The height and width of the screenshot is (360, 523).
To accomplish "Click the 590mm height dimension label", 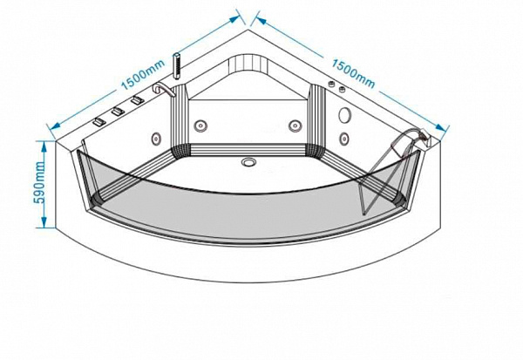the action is coord(40,182).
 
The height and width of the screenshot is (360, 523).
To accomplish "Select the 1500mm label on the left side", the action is coord(143,75).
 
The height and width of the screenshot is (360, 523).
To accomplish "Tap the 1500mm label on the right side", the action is coord(353,73).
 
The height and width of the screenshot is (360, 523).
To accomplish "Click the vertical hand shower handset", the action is coord(177,66).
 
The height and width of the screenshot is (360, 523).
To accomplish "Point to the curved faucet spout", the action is coord(163,90).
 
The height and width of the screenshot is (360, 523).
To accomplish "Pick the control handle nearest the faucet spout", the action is coord(137,100).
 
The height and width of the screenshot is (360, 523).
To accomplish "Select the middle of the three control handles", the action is coord(118,112).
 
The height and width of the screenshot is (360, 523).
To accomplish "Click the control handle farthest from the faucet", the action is coord(99,122).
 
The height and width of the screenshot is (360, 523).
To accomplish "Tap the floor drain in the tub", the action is coord(248,162).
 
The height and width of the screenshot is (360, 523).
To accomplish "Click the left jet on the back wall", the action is coord(200,126).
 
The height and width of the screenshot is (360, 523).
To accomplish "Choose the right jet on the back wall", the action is coord(295,126).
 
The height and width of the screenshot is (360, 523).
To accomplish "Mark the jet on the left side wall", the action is coord(156,138).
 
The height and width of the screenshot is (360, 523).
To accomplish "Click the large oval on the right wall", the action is coord(345,115).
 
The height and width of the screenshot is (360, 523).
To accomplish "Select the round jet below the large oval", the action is coord(344,138).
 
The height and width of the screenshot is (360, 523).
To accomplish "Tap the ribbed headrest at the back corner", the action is coord(248,63).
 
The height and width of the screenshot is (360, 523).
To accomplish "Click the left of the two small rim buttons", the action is coord(331,85).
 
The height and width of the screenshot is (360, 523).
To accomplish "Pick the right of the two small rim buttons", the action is coord(342,89).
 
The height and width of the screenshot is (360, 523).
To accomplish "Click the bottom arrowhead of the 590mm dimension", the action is coord(44,223).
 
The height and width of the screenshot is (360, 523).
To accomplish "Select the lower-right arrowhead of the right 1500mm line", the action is coord(441,127).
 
